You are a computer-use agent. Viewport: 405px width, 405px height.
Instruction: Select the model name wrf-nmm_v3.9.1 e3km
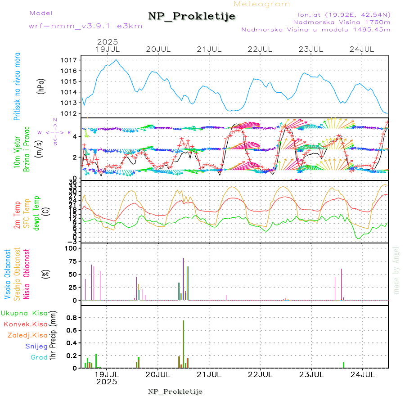tap(85, 26)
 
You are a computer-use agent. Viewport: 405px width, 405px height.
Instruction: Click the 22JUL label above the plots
tap(261, 49)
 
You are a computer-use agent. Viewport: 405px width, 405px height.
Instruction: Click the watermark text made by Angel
tap(396, 270)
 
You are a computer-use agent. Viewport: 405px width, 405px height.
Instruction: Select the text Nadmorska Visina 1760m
tap(342, 22)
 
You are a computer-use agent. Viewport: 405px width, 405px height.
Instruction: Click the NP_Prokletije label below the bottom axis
tap(175, 391)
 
